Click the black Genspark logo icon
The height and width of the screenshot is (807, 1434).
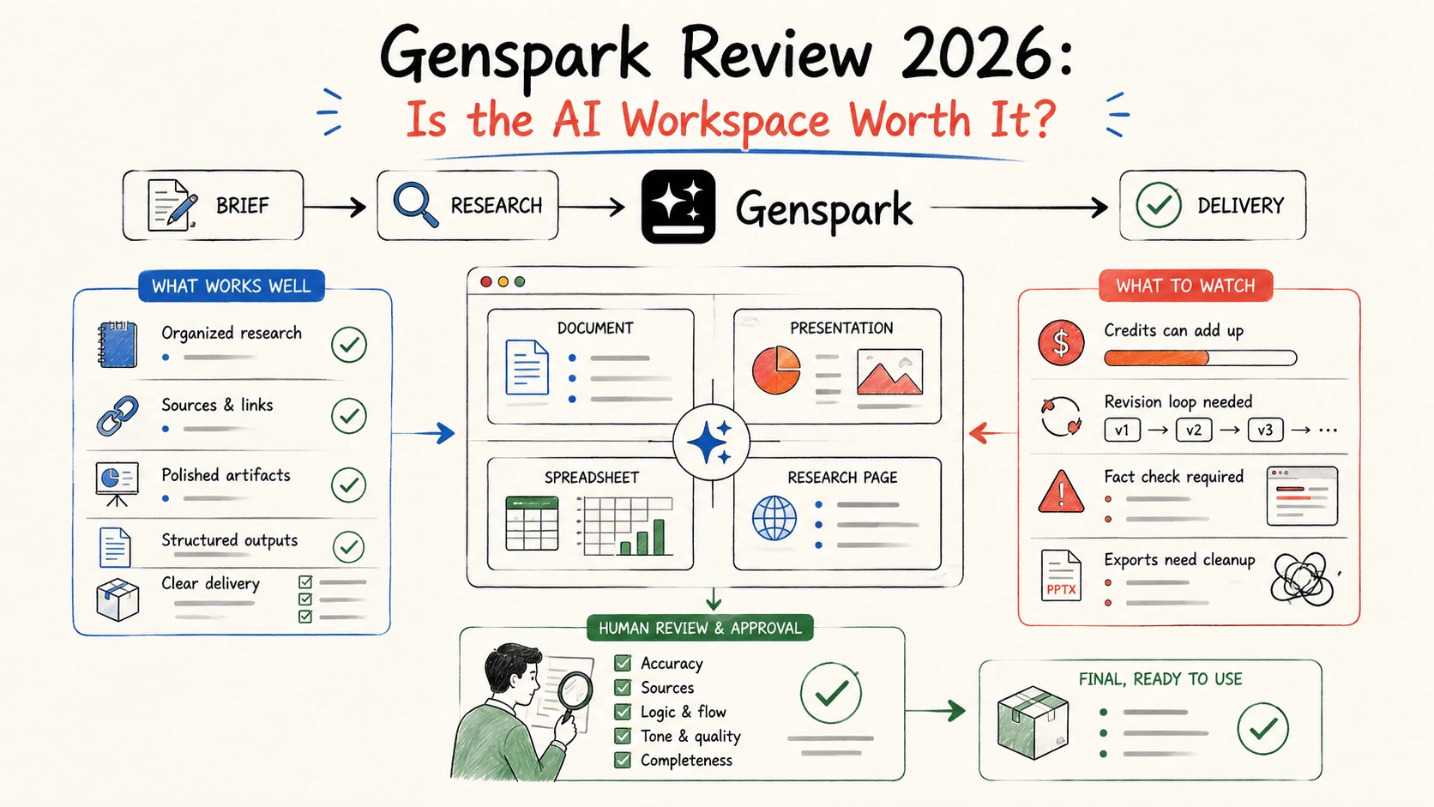click(678, 207)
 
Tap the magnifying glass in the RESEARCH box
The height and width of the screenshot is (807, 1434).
click(415, 204)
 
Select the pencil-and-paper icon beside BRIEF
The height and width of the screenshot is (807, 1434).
click(171, 205)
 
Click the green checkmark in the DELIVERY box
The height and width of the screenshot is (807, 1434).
click(1158, 205)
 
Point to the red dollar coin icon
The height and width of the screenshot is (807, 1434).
click(1061, 342)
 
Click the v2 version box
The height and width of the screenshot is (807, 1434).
click(1193, 430)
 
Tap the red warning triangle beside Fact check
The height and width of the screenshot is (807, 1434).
click(1061, 491)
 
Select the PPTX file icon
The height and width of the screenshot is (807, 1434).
click(1061, 575)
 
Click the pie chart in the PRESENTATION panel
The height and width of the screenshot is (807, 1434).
click(776, 370)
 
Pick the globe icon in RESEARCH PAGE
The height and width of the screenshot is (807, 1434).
click(774, 518)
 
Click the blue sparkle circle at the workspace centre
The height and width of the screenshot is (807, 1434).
click(711, 442)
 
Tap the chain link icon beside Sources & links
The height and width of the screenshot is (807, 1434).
click(117, 415)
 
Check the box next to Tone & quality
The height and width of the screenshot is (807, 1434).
click(623, 736)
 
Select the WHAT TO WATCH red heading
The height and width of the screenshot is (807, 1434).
click(1185, 286)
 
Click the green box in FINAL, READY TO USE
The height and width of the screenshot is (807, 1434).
click(1032, 722)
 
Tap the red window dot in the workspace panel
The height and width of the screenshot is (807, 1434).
click(486, 281)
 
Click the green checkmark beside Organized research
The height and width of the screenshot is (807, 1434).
click(349, 344)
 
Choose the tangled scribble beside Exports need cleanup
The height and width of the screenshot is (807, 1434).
click(1302, 579)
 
